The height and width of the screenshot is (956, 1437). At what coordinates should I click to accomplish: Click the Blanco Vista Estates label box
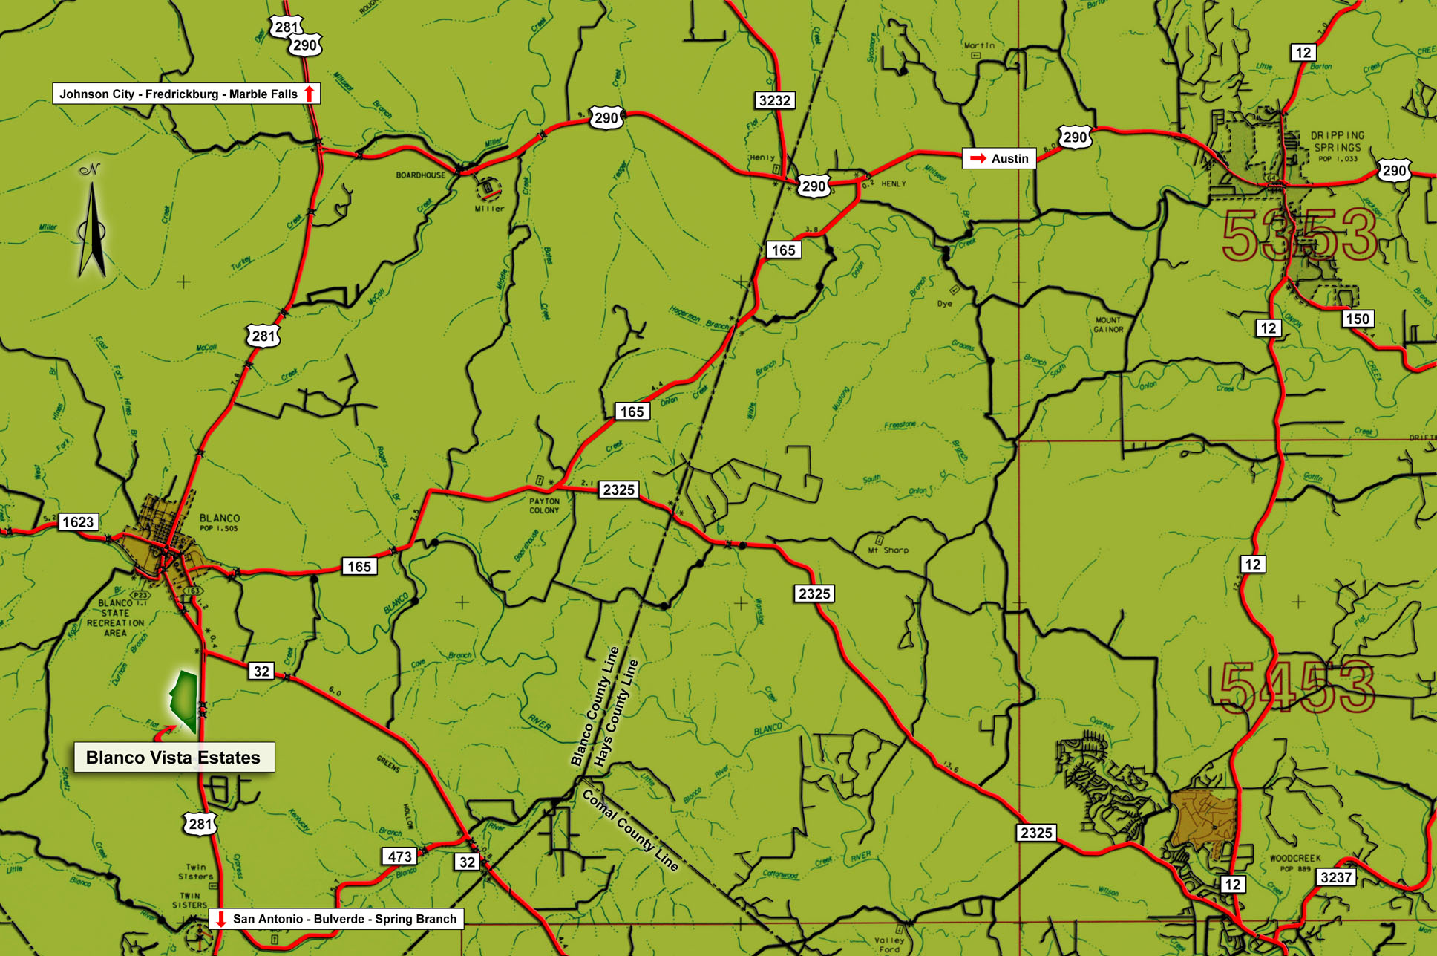coord(174,757)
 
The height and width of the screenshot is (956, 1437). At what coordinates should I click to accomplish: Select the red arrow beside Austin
coord(978,158)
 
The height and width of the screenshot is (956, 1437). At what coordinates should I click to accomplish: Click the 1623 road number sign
coord(78,522)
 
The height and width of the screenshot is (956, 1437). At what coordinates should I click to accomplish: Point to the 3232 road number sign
coord(774,100)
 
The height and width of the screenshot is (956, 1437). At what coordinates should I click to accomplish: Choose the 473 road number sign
coord(399,856)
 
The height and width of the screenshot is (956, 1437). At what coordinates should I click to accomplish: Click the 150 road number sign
coord(1357,319)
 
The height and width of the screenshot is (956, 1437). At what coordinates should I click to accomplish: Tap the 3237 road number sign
coord(1335,877)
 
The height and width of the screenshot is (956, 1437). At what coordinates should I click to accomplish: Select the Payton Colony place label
coord(544,506)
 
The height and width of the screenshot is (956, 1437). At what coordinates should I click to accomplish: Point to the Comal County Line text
coord(630,830)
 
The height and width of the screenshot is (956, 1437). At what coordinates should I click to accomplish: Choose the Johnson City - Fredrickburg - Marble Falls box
coord(186,94)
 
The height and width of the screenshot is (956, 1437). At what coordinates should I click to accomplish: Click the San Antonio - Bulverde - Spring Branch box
coord(337,919)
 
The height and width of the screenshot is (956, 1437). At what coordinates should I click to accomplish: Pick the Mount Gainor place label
coord(1108,325)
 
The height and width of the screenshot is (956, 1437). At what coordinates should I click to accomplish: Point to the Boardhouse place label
coord(421,175)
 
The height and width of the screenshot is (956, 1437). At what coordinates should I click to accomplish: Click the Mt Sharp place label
coord(888,550)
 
